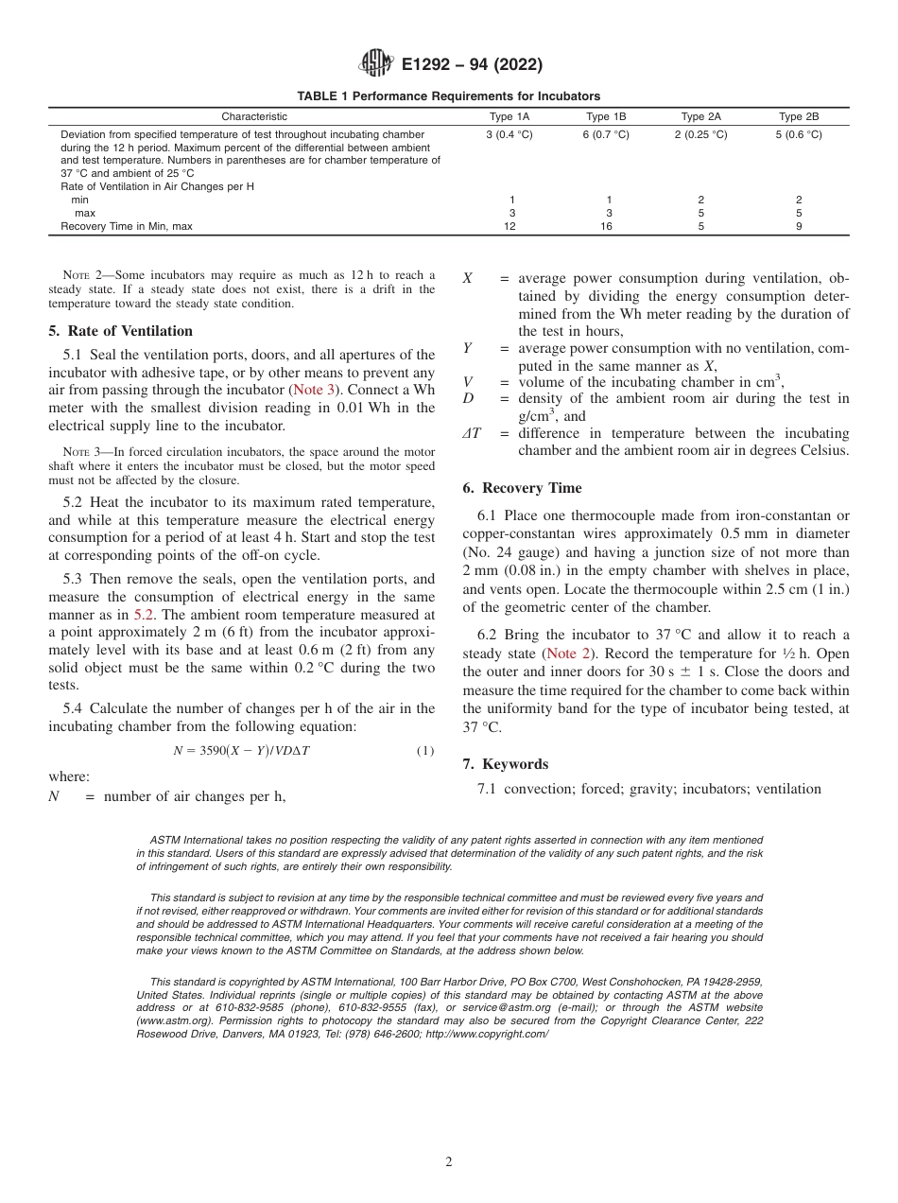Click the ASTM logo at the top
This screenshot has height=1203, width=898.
click(x=377, y=64)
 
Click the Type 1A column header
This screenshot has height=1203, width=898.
click(x=509, y=116)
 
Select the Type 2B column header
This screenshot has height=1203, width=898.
click(x=798, y=116)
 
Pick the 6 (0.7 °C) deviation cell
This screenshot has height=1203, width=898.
click(x=605, y=135)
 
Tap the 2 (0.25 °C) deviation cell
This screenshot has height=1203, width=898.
click(x=700, y=135)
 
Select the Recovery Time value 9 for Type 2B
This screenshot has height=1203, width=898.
click(x=799, y=226)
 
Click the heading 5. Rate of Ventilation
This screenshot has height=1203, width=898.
click(x=120, y=331)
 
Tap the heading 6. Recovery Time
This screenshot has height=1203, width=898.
click(x=522, y=488)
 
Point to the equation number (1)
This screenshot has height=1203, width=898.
click(x=425, y=751)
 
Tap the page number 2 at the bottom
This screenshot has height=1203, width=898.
click(x=449, y=1162)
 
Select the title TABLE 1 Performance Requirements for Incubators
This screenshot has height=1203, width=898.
click(x=448, y=96)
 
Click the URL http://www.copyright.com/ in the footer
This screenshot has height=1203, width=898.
click(x=487, y=1035)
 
